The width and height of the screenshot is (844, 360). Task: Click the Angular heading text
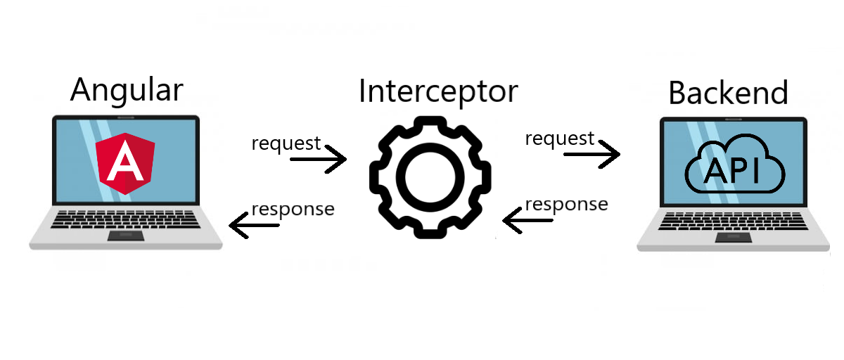127,91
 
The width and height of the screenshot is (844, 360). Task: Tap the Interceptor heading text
437,92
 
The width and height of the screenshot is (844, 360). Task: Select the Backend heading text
728,94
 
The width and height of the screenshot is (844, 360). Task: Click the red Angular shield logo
127,164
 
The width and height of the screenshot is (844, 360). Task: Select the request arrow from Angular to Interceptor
319,160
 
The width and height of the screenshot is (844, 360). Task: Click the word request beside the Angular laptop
286,143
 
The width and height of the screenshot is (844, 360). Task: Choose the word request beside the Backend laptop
560,139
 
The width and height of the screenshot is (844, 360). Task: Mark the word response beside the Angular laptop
293,209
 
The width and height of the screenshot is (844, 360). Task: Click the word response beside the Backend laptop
566,204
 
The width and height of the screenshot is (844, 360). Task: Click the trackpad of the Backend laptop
734,237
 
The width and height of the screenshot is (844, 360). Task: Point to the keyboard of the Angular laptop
127,218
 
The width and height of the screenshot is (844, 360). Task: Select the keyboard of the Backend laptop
734,219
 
